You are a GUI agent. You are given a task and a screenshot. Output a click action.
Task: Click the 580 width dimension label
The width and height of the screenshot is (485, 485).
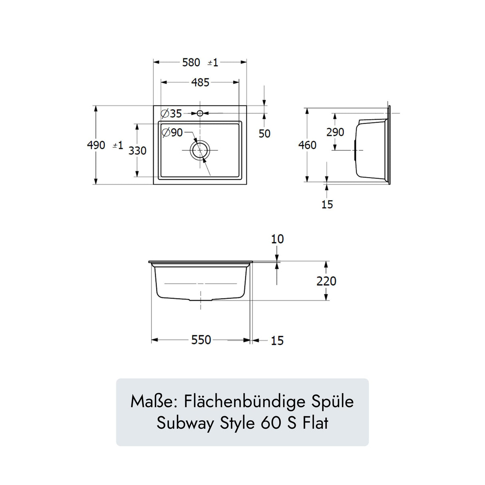click(x=191, y=62)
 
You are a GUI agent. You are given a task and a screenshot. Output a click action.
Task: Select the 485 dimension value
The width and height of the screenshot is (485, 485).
click(x=200, y=82)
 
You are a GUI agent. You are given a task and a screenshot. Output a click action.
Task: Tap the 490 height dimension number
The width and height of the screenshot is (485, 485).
click(x=96, y=145)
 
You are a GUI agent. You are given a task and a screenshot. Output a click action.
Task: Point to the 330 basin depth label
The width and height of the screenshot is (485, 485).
click(x=137, y=151)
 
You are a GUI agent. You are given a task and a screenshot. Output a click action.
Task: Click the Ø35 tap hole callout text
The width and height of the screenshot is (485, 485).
click(x=171, y=113)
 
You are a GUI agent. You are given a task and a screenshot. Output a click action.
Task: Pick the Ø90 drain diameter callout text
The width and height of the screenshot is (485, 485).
click(x=172, y=132)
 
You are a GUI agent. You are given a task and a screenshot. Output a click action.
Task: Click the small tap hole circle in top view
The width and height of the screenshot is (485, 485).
click(x=200, y=113)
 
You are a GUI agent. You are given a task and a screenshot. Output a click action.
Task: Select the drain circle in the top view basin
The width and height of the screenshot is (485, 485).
click(x=200, y=150)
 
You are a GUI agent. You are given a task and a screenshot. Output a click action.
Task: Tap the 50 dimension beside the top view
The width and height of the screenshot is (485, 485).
click(x=264, y=133)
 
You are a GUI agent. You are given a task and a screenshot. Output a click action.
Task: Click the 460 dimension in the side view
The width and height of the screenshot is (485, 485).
click(x=307, y=145)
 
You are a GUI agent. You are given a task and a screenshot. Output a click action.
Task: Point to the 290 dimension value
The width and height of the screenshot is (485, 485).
click(x=335, y=132)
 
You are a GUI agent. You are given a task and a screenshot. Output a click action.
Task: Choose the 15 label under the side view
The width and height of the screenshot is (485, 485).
click(x=327, y=205)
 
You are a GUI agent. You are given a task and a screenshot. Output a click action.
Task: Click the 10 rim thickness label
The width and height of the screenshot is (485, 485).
click(x=277, y=239)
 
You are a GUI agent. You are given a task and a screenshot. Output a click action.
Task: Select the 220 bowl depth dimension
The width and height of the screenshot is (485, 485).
click(x=326, y=281)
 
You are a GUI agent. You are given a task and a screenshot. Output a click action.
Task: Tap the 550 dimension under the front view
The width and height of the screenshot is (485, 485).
click(x=201, y=340)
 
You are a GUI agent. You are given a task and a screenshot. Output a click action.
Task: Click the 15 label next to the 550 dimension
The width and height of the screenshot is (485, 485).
click(x=277, y=341)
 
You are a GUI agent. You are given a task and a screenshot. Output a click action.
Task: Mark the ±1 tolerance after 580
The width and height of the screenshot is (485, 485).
click(x=213, y=63)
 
